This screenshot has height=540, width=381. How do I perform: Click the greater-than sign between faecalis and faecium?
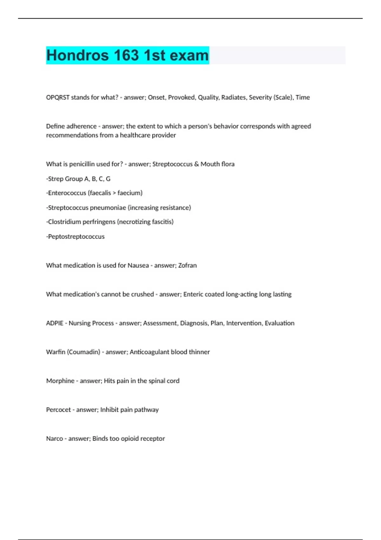click(x=114, y=193)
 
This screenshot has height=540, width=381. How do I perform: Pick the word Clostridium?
click(x=64, y=222)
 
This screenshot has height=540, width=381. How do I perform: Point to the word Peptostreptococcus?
click(x=76, y=237)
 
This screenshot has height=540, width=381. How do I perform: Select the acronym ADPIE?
click(x=55, y=323)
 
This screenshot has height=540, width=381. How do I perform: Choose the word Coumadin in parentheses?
click(x=84, y=352)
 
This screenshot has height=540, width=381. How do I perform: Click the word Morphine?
click(x=60, y=381)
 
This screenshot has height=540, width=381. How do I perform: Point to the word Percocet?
click(x=58, y=410)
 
